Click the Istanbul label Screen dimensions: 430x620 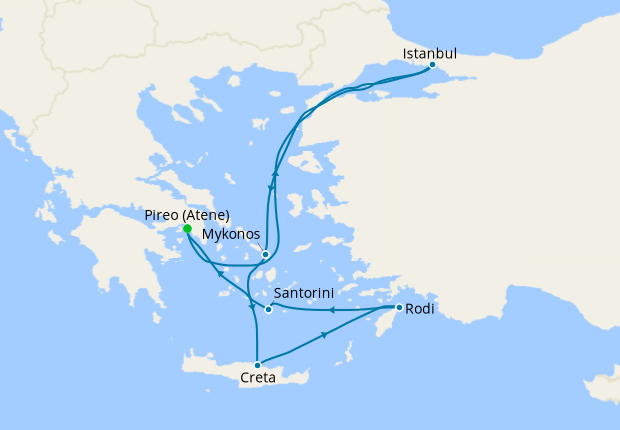pos(429,53)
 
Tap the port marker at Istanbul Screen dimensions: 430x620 pos(432,66)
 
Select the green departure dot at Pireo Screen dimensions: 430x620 pos(187,228)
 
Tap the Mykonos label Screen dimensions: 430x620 pos(232,234)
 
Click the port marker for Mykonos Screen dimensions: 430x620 pos(265,254)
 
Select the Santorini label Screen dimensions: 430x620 pos(303,293)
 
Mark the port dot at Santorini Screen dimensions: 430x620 pos(268,309)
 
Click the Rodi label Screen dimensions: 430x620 pos(420,310)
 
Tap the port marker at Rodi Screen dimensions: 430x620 pos(399,307)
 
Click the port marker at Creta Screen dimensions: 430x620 pos(258,365)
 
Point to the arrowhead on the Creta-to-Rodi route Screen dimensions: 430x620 pos(325,336)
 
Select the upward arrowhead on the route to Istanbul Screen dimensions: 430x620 pos(275,174)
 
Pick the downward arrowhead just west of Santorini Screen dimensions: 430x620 pos(251,307)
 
